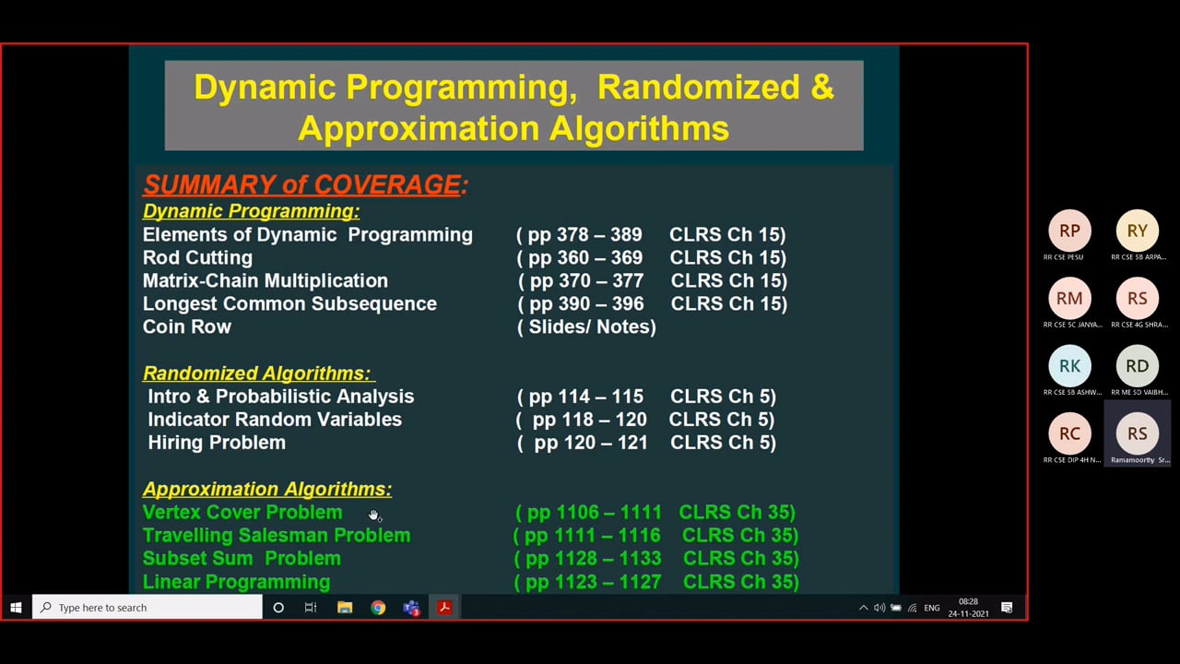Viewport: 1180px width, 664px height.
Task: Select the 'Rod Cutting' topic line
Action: click(197, 257)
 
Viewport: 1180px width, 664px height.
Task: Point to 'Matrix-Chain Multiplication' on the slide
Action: click(265, 280)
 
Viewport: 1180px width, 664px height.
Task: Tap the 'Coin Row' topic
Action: click(187, 326)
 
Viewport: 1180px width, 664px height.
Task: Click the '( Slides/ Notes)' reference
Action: click(587, 326)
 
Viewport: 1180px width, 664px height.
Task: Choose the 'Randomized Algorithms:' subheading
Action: click(257, 373)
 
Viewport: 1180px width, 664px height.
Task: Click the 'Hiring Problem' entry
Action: click(217, 443)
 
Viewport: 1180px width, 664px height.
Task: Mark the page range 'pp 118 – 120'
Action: click(589, 420)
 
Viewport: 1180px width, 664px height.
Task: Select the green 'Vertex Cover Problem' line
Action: click(242, 513)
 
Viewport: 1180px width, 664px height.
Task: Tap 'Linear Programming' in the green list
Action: click(237, 582)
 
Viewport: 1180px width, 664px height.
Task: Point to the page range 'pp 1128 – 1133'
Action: click(593, 559)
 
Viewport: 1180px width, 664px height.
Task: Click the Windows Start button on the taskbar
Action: click(16, 608)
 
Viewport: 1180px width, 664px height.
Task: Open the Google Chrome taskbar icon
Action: click(378, 608)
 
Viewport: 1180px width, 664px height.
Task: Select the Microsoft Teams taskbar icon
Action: click(411, 608)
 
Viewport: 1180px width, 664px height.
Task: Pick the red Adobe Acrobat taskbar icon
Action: click(444, 608)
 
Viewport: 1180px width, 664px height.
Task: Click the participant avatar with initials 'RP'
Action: click(1069, 231)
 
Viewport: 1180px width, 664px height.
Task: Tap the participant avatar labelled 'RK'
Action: click(1069, 366)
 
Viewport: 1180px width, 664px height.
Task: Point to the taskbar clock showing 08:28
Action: click(968, 608)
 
